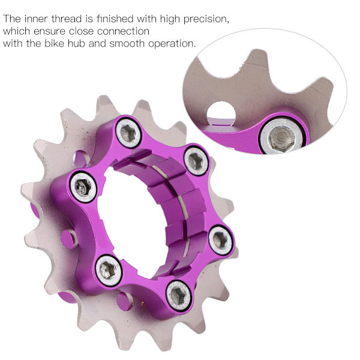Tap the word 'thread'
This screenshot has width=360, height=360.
pyautogui.click(x=67, y=19)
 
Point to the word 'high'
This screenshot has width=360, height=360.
pyautogui.click(x=169, y=19)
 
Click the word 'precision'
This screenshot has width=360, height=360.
pyautogui.click(x=206, y=19)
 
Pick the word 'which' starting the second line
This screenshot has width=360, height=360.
pyautogui.click(x=16, y=31)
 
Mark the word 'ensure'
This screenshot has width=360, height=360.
pyautogui.click(x=49, y=32)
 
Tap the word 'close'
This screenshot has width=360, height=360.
pyautogui.click(x=81, y=31)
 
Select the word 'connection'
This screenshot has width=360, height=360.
pyautogui.click(x=123, y=31)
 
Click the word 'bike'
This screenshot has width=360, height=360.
pyautogui.click(x=54, y=43)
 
